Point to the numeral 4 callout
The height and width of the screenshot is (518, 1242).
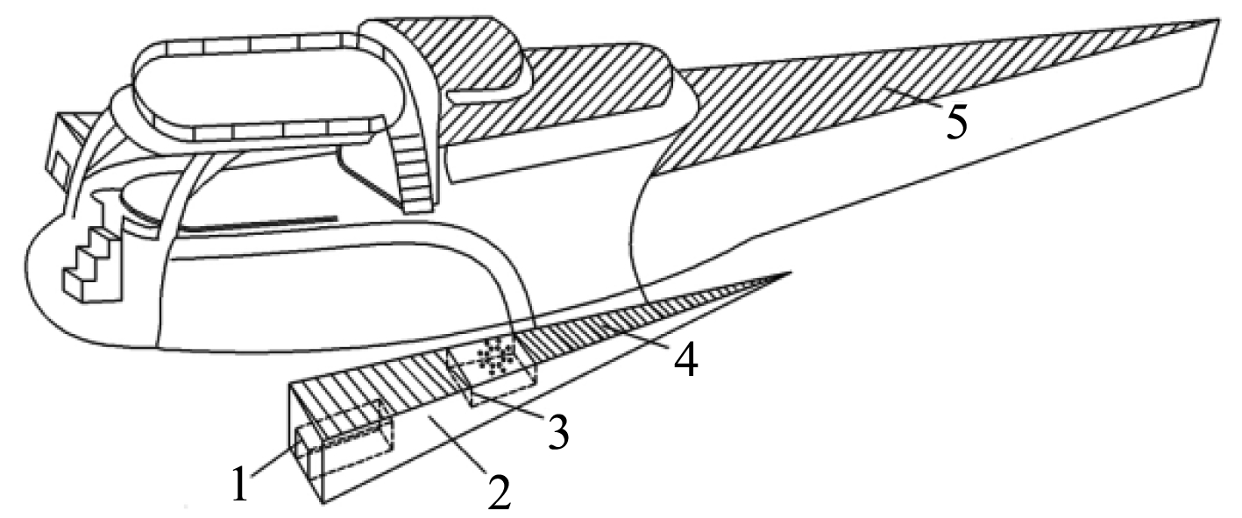(685, 359)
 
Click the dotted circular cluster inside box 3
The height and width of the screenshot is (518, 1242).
(497, 356)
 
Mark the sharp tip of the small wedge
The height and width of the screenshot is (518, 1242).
(789, 273)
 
